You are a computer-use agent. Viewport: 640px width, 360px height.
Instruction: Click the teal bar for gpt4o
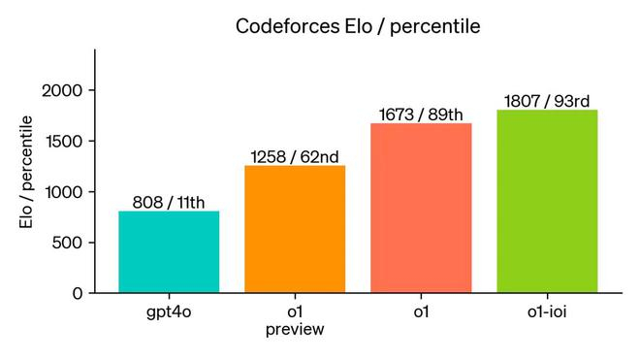click(x=169, y=251)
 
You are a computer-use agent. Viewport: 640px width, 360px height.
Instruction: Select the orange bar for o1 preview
click(x=295, y=229)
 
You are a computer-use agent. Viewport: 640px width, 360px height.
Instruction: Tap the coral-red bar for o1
click(x=421, y=208)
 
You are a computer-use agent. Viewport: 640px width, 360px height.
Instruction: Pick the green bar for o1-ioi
click(x=547, y=201)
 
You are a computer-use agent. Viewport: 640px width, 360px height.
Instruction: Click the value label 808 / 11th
click(x=169, y=203)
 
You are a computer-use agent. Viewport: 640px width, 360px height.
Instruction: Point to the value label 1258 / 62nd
click(x=295, y=157)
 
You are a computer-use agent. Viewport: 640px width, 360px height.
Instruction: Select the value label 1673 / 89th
click(x=421, y=115)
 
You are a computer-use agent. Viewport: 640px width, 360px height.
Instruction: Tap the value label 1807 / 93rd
click(x=547, y=102)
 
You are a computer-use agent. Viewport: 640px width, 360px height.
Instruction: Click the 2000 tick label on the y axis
click(x=63, y=91)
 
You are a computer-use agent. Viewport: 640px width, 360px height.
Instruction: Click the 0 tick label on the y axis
click(x=78, y=293)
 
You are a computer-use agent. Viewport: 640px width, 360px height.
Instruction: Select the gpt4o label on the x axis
click(x=169, y=313)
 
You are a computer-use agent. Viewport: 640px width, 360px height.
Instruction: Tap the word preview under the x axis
click(x=295, y=330)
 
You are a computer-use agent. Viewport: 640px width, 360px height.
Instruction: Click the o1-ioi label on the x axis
click(x=547, y=312)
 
